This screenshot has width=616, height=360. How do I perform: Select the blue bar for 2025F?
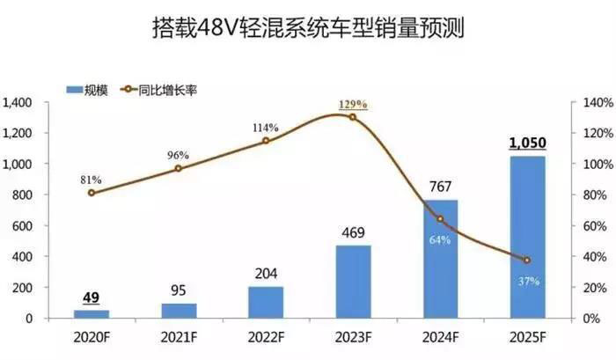pyautogui.click(x=527, y=238)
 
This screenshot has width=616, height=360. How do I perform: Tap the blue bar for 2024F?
pyautogui.click(x=440, y=260)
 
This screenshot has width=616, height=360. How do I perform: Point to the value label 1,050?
pyautogui.click(x=527, y=144)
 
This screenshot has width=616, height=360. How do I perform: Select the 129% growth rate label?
pyautogui.click(x=353, y=105)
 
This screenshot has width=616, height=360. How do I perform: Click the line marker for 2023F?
pyautogui.click(x=353, y=117)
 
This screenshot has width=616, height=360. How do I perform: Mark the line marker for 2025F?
pyautogui.click(x=527, y=261)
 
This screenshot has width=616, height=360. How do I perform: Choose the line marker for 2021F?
pyautogui.click(x=179, y=168)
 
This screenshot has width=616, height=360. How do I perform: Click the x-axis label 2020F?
pyautogui.click(x=92, y=338)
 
